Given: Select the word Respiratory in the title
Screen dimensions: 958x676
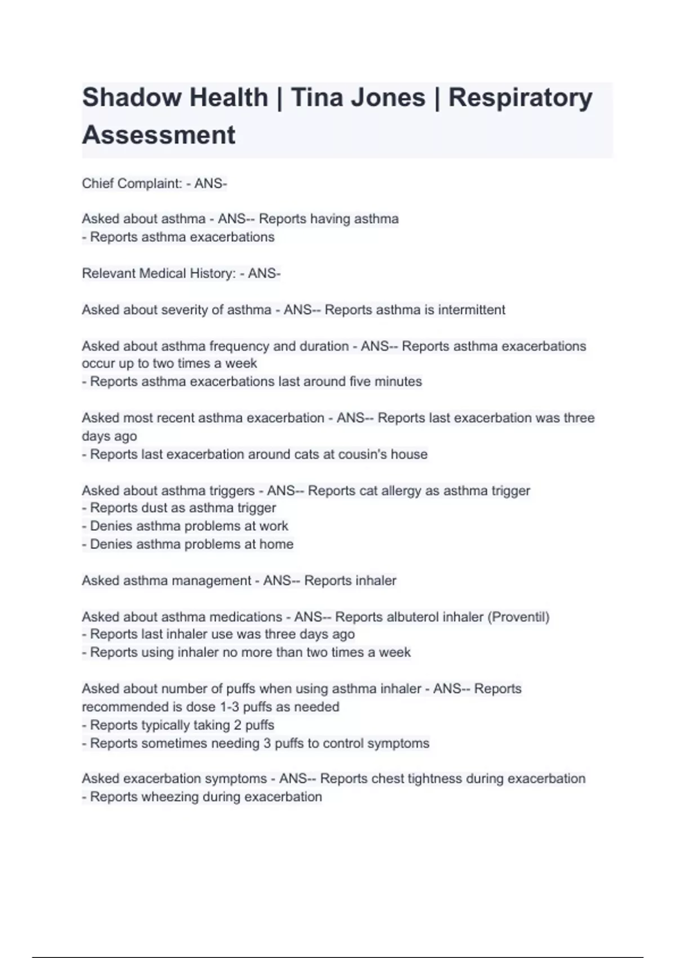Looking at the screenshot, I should tap(520, 97).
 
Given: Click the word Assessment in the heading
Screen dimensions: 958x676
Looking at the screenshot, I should tap(159, 135).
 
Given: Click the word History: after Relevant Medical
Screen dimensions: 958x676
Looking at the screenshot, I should tap(213, 273).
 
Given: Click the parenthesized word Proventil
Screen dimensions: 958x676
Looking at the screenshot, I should tap(518, 617).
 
